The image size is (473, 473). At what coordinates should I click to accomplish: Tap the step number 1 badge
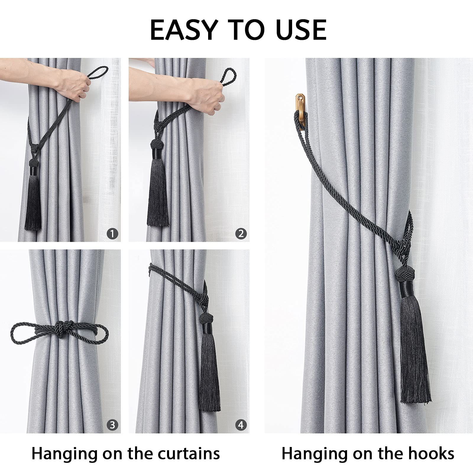point(112,234)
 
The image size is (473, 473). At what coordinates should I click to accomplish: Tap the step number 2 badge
point(241,234)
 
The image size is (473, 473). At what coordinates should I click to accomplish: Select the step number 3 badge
point(112,425)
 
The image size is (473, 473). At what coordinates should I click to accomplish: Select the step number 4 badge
point(241,425)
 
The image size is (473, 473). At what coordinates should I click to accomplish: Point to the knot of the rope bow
point(60,329)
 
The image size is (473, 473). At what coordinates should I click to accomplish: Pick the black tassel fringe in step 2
point(158,192)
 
